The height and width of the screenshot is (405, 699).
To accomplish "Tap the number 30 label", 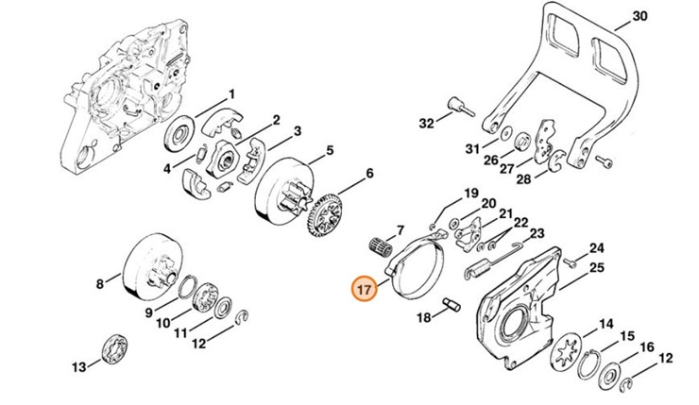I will click(x=665, y=16).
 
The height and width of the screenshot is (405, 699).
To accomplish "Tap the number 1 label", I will click(x=230, y=94).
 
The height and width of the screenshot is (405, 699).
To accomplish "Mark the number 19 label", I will click(x=470, y=194).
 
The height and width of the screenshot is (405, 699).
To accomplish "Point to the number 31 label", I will click(x=471, y=148).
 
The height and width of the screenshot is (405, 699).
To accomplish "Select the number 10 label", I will click(x=164, y=323).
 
